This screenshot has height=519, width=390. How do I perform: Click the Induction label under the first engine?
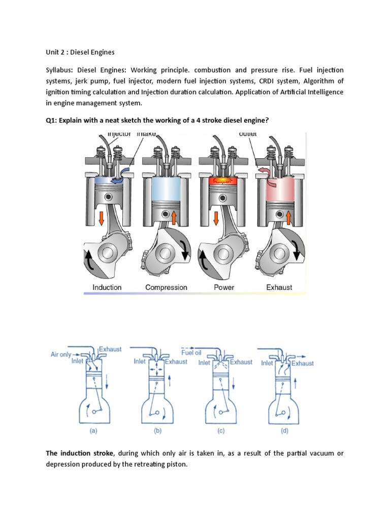tap(107, 287)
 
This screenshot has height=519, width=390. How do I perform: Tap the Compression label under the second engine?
tap(166, 287)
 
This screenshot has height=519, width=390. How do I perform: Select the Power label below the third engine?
tap(224, 287)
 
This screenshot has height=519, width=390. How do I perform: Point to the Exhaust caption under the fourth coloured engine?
tap(279, 287)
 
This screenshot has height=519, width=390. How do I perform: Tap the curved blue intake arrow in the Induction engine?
tap(120, 178)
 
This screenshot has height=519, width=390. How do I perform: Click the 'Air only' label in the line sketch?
tap(61, 355)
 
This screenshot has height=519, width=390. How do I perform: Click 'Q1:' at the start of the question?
tap(52, 120)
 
